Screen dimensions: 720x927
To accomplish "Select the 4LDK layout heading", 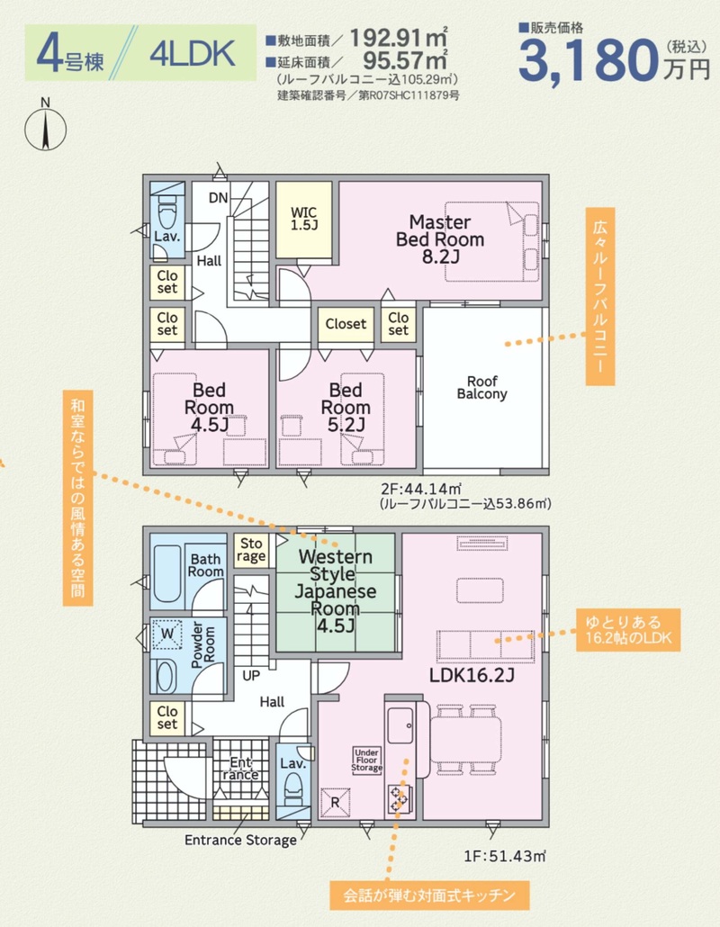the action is coord(192,54).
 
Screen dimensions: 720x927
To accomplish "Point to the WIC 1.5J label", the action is coord(303,218).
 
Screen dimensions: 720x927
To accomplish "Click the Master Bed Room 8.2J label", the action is coord(440,238).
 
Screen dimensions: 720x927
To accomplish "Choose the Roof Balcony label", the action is coord(481,388).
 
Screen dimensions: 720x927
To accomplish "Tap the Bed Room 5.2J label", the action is coord(346,407).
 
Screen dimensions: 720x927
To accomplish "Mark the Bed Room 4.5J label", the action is coord(209,407).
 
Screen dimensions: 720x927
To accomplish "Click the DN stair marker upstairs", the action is coord(218,198).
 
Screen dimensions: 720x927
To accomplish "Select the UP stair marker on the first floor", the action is coord(251,675).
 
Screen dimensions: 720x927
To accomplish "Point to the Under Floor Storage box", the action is coord(366,760).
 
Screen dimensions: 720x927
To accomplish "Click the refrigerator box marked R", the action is coord(335,803).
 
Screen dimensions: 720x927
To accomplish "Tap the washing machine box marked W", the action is coord(167,634).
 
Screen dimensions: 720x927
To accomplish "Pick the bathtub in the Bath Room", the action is coord(166,574).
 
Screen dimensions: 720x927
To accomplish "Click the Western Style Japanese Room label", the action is coord(335,590).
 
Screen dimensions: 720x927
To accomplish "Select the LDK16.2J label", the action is coord(472,675).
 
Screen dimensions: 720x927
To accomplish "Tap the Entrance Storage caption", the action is coord(240,840).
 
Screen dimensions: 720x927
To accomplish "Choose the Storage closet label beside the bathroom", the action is coord(250,551).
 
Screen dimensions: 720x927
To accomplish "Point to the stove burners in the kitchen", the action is coord(399,798).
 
